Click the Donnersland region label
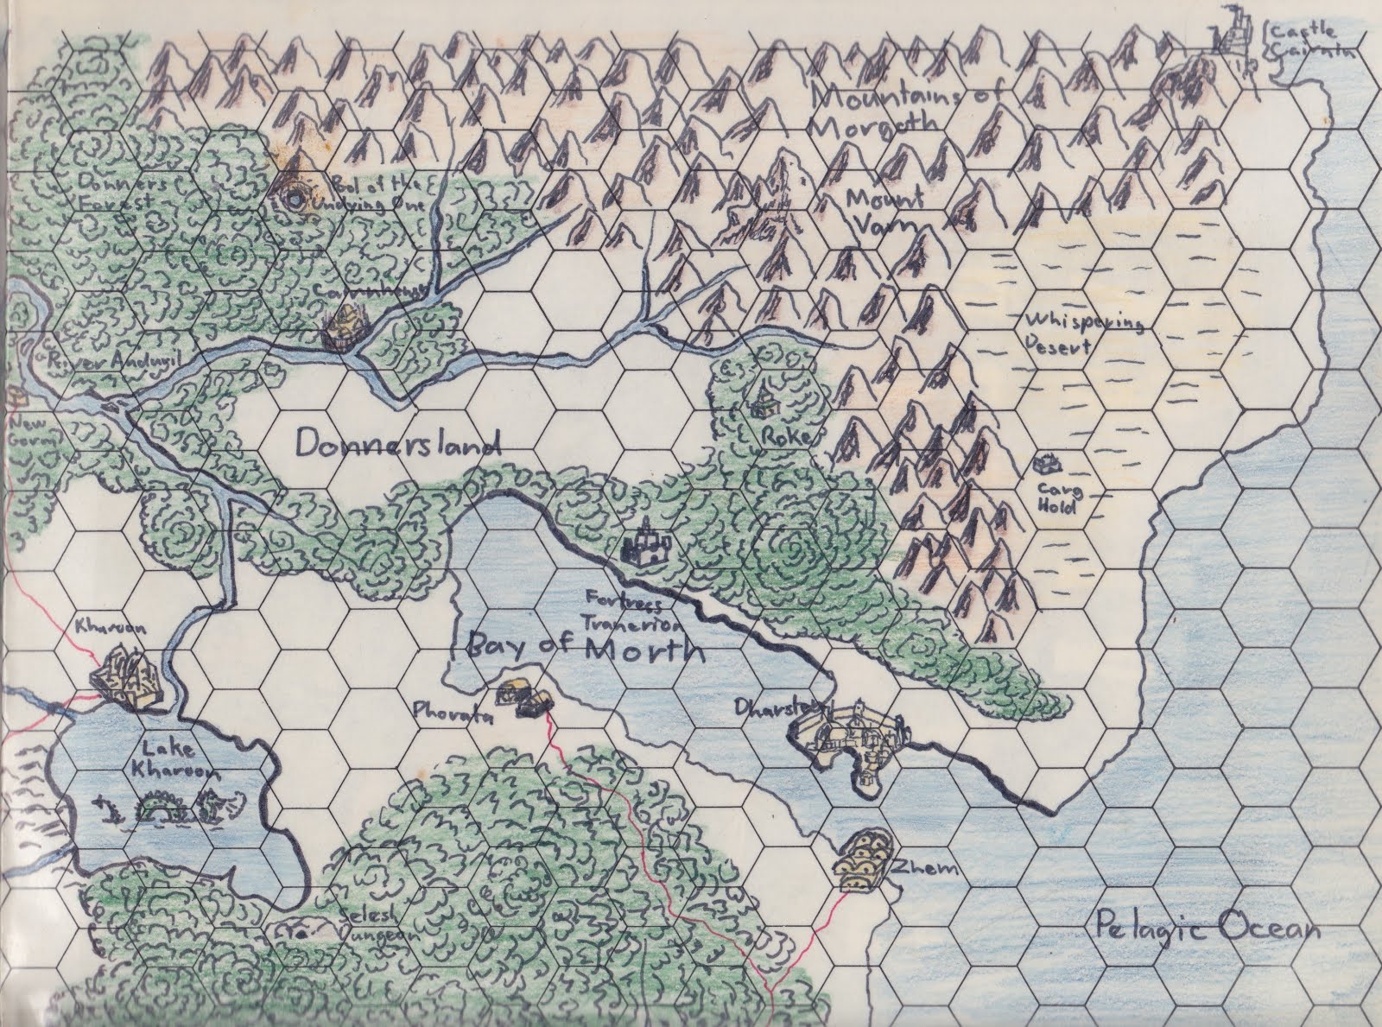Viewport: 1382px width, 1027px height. [x=398, y=445]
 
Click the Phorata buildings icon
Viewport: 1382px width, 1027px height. [x=524, y=700]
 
